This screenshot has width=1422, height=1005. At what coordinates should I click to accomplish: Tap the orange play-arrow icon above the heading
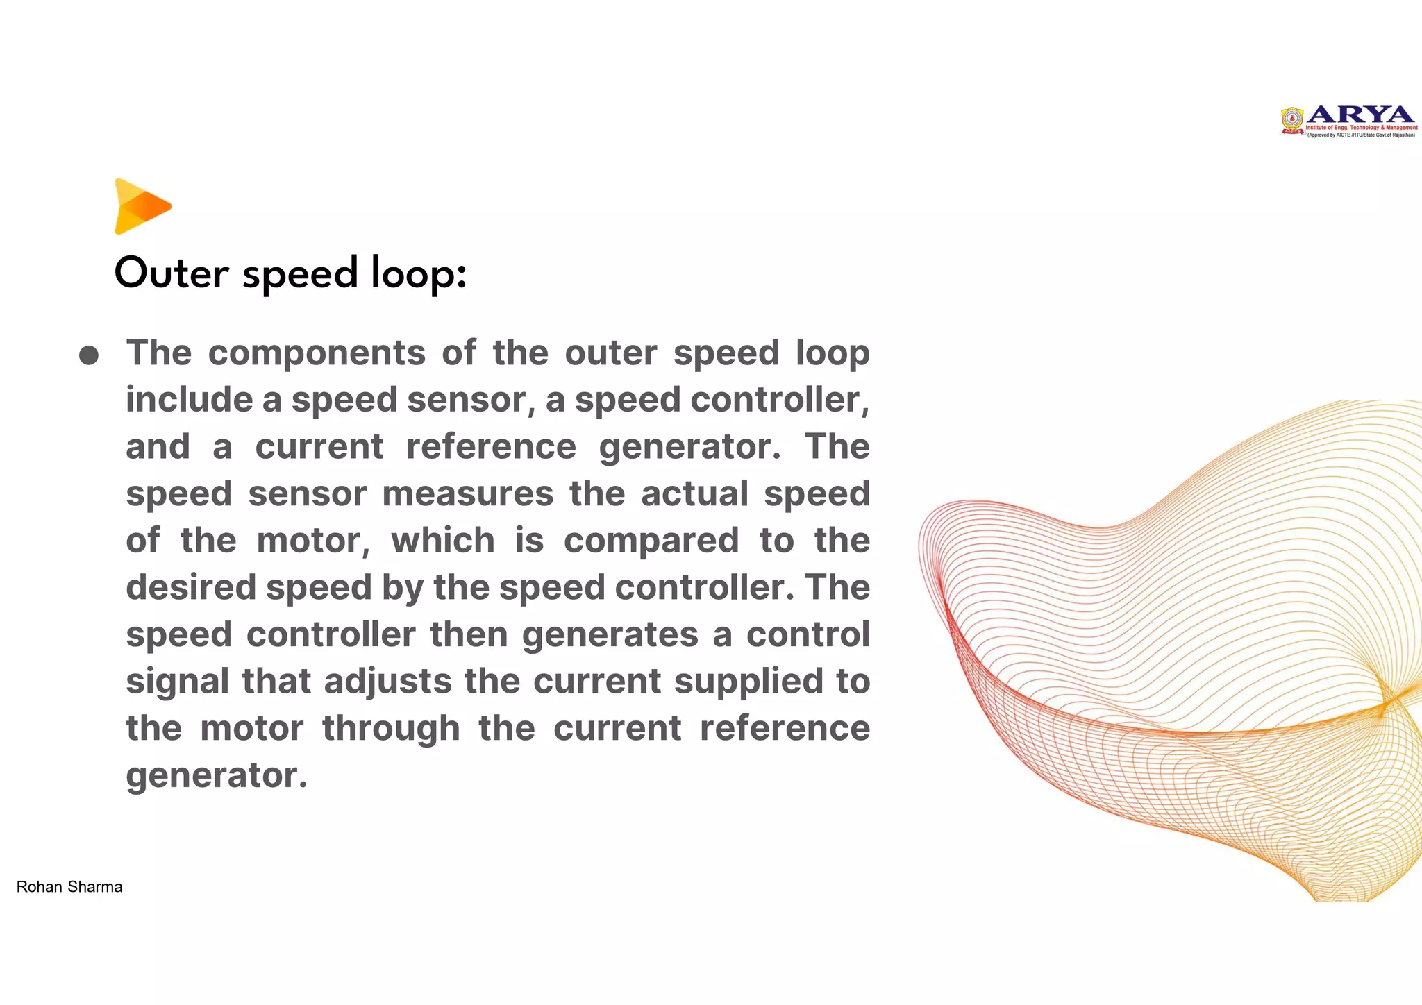click(x=142, y=206)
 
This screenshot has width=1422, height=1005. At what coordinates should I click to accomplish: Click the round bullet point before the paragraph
click(x=89, y=356)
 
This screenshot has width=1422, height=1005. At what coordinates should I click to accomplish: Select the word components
click(x=317, y=353)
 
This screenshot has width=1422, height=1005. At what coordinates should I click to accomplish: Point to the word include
click(x=189, y=400)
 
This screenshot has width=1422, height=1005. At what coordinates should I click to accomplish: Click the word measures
click(x=467, y=493)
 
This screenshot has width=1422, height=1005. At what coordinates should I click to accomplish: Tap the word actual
click(x=694, y=493)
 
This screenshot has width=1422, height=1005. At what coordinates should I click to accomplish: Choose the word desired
click(x=191, y=587)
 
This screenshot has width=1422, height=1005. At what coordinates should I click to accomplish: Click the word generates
click(x=610, y=634)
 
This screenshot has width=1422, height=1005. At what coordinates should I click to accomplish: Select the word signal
click(x=177, y=681)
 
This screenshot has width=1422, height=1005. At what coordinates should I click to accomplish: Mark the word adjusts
click(x=387, y=681)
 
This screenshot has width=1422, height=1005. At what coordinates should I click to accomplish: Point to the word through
click(x=391, y=728)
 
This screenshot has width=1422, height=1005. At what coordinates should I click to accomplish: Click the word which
click(x=443, y=541)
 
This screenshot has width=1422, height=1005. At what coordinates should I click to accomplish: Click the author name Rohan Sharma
click(x=69, y=887)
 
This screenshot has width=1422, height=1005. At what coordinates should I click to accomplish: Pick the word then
click(x=469, y=634)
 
